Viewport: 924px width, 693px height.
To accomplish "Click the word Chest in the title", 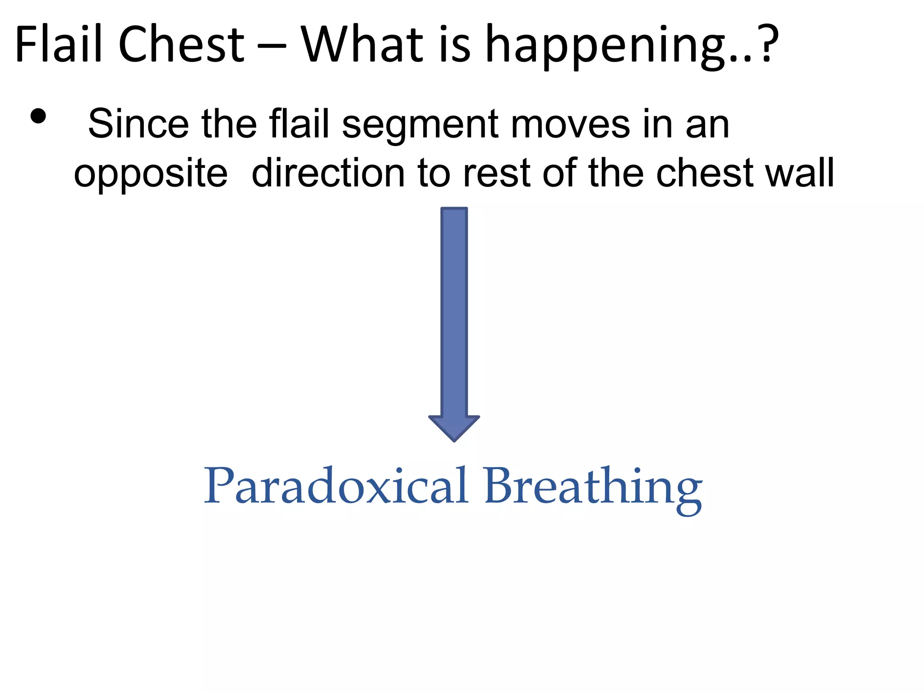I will [181, 44].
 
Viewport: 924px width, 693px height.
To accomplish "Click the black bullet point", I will [38, 116].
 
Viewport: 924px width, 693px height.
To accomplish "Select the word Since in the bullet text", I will [138, 124].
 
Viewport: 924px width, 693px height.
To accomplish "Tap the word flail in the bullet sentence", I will [299, 124].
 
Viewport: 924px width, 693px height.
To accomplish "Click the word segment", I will [420, 126].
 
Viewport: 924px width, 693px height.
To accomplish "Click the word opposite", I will [151, 175].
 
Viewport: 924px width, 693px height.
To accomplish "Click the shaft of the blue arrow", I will [454, 311].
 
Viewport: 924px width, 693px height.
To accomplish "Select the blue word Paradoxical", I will [336, 486].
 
